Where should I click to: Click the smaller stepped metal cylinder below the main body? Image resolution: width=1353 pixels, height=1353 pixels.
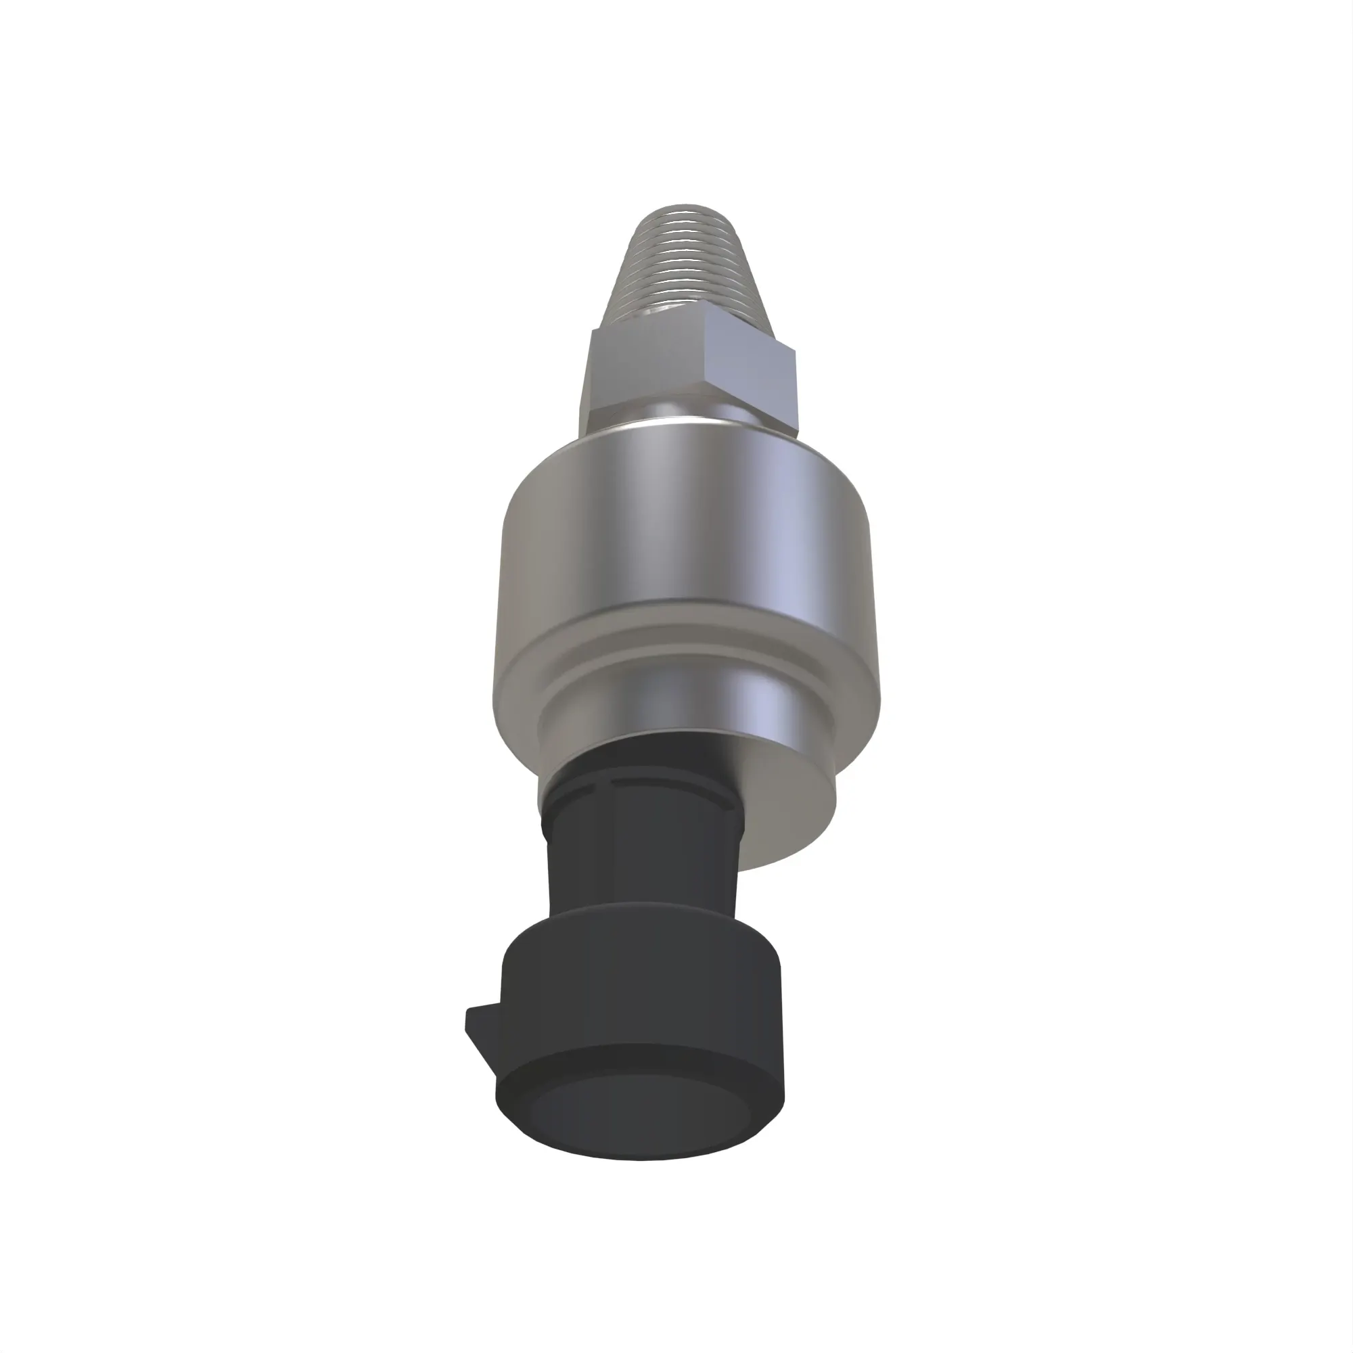[x=784, y=714]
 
